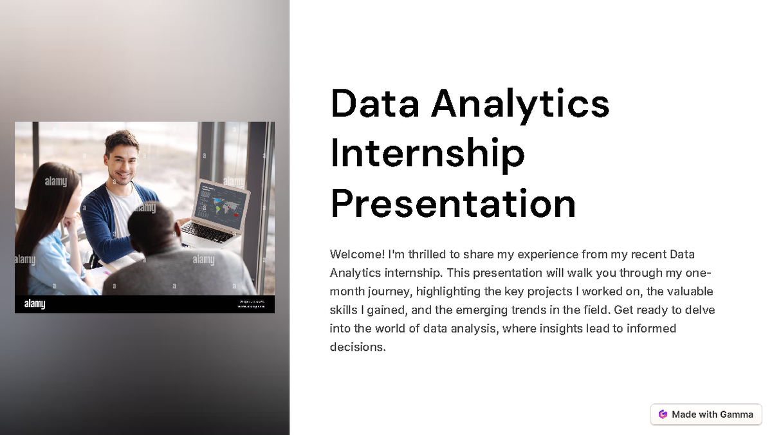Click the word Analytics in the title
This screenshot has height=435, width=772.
click(x=520, y=104)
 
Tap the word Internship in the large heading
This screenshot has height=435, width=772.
click(x=427, y=153)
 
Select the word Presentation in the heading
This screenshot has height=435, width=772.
click(x=453, y=203)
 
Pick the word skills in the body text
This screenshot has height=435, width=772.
click(x=343, y=310)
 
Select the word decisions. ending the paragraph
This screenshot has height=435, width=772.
click(x=357, y=347)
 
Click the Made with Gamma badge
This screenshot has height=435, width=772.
click(x=706, y=414)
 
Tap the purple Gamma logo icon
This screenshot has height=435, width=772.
click(x=663, y=414)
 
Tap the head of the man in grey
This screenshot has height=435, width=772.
click(x=152, y=225)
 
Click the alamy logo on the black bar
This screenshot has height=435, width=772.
click(x=35, y=304)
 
